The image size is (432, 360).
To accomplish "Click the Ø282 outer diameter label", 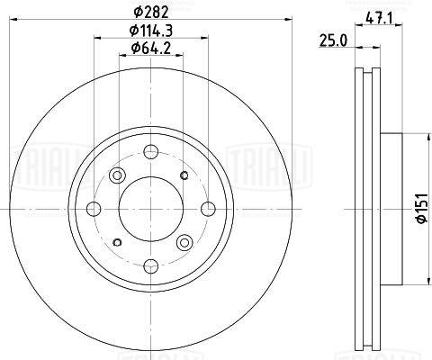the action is pos(151,12).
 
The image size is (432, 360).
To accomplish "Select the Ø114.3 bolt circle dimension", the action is pos(151,31).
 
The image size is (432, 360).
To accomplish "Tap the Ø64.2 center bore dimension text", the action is pos(151,48).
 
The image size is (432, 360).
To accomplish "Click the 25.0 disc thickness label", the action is pos(333,40).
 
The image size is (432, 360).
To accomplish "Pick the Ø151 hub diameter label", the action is pos(421,208).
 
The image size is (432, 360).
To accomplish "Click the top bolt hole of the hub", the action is pos(151,152).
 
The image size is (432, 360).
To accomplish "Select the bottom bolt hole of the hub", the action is pos(151,265).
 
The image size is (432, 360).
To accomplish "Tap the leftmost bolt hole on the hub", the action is pos(94,209).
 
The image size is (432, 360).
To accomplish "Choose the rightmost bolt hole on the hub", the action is pos(208,209).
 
